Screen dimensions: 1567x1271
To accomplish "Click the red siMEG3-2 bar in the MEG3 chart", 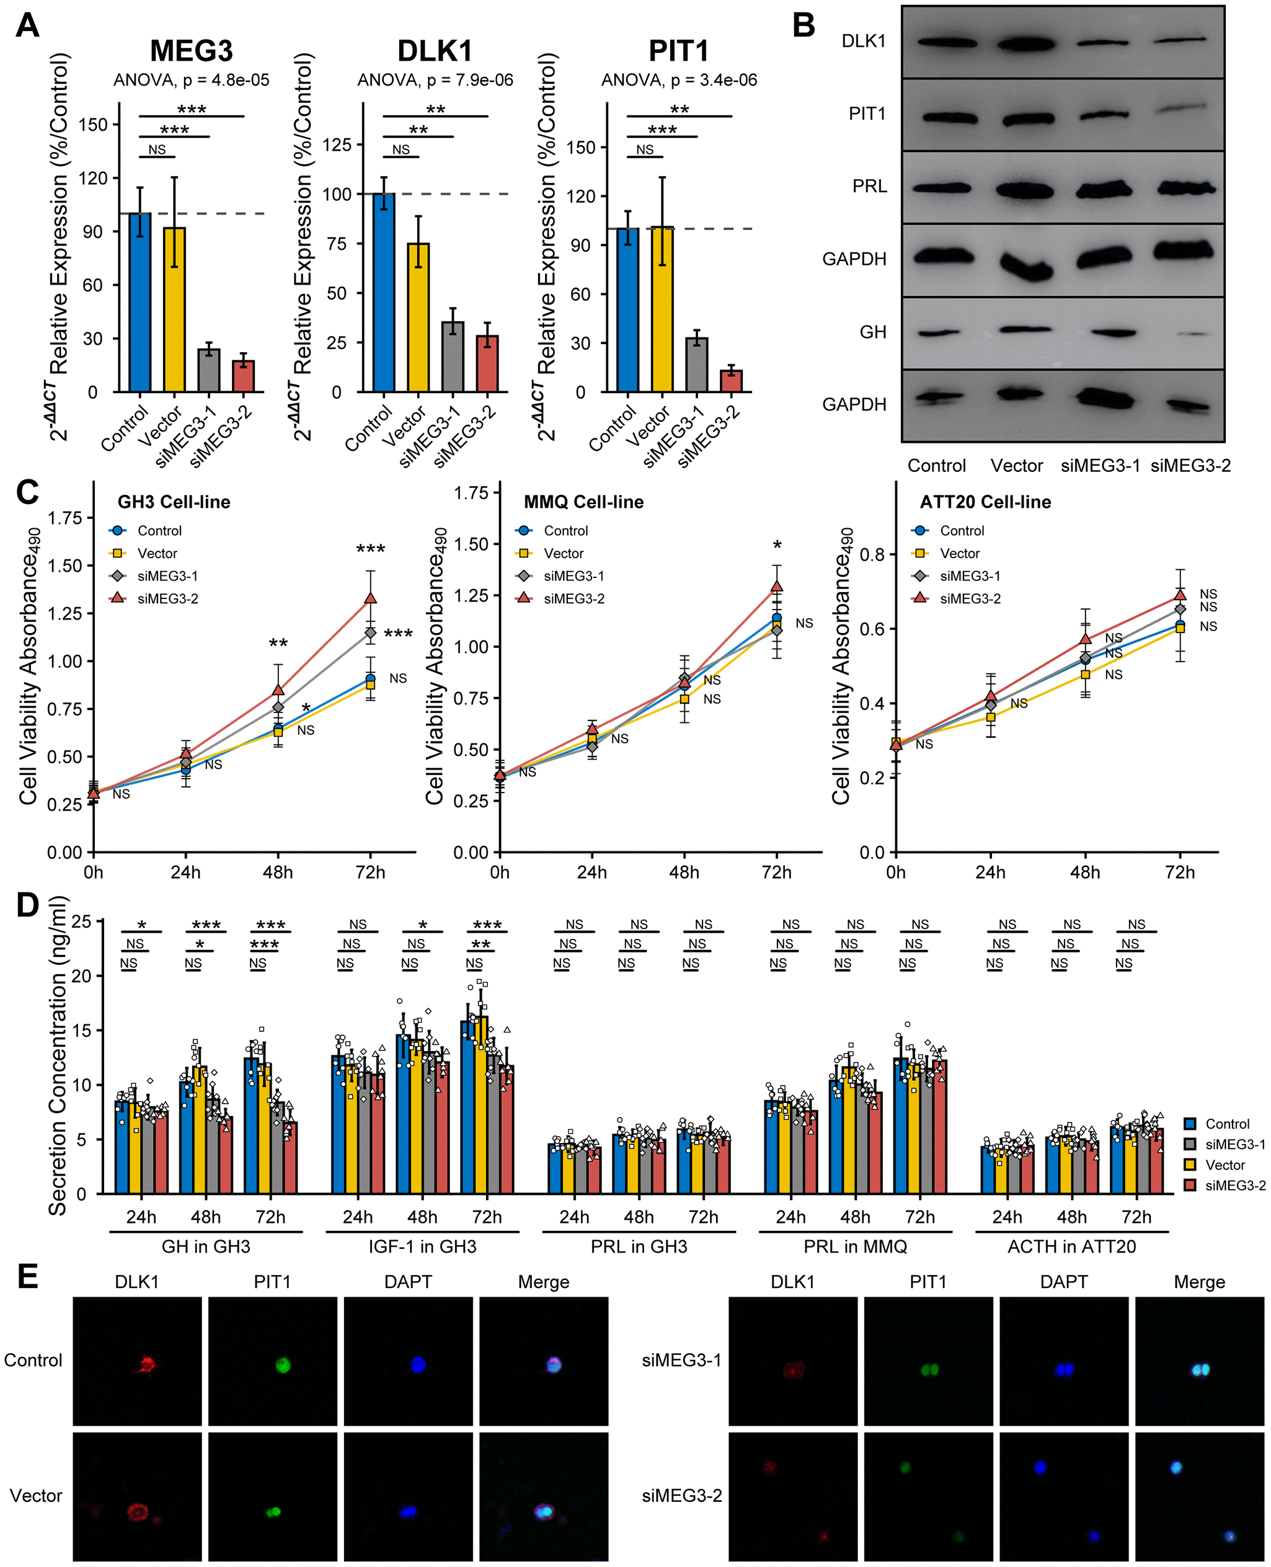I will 243,376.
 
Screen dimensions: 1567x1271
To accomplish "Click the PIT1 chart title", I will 679,51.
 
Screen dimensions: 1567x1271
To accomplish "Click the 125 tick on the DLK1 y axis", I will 337,144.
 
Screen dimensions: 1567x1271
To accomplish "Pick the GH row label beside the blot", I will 873,332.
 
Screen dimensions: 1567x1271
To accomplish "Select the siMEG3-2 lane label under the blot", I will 1190,466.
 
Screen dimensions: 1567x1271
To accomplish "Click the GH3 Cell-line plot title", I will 174,502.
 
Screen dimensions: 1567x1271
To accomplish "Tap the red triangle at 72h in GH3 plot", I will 371,598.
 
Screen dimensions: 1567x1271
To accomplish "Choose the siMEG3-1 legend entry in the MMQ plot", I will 573,576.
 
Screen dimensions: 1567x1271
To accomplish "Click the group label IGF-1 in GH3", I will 422,1246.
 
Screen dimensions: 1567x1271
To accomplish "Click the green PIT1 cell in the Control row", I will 283,1364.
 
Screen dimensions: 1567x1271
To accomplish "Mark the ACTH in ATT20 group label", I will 1071,1246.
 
